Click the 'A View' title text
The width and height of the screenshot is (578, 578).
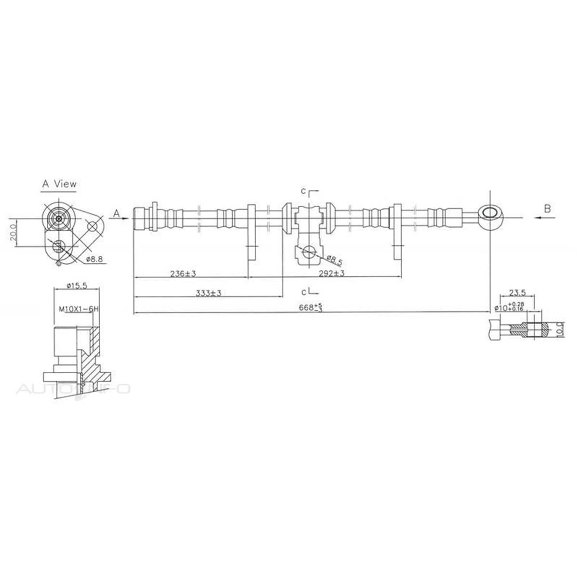point(59,184)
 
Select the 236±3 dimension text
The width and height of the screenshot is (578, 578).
point(183,274)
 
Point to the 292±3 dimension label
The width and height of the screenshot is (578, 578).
point(331,274)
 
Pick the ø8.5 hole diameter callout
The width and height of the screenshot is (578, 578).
point(334,260)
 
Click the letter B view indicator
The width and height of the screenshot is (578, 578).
point(547,209)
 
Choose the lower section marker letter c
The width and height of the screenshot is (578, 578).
point(304,291)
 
